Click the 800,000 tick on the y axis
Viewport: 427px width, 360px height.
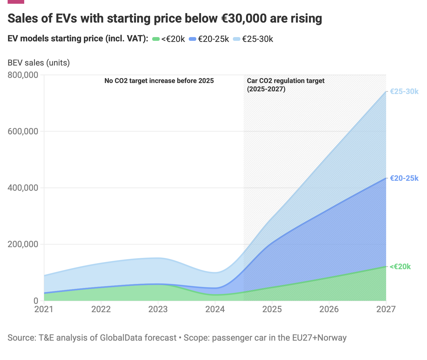[x=23, y=75]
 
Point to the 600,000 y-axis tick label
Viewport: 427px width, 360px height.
[x=23, y=131]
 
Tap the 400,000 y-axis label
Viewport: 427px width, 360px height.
[x=23, y=188]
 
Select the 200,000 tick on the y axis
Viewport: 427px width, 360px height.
[x=23, y=244]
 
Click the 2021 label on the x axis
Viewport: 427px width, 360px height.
[x=44, y=309]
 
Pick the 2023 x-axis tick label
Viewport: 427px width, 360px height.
[x=158, y=309]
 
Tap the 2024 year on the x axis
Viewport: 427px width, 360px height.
[x=215, y=309]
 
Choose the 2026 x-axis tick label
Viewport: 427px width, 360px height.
[x=329, y=309]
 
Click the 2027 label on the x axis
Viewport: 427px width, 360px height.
[x=386, y=309]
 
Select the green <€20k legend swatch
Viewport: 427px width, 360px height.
[x=156, y=39]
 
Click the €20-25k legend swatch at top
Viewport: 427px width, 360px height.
[x=193, y=39]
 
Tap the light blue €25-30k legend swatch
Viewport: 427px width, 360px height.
[x=237, y=39]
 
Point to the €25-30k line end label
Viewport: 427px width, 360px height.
[x=404, y=91]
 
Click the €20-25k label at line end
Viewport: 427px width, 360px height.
[x=404, y=178]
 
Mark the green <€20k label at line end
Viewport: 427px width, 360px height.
[x=400, y=267]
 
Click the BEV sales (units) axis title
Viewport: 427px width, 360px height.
[x=39, y=63]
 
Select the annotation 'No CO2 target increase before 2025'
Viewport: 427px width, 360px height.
[x=159, y=81]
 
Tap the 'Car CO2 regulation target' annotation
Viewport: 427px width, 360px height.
[x=286, y=81]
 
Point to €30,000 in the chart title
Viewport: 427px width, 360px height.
[x=244, y=18]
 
